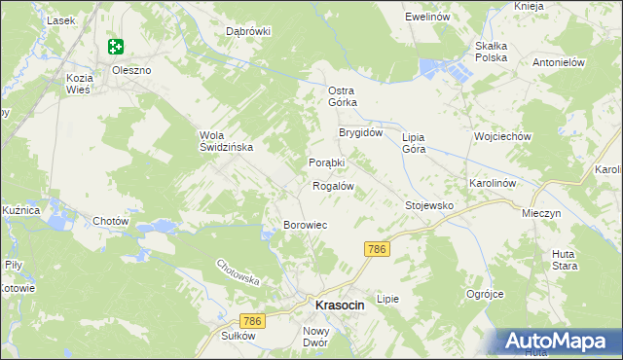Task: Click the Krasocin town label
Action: pos(339,306)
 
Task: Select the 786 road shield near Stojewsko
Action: pos(378,250)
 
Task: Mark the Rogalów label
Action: pos(331,185)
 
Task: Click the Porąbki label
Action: pos(327,162)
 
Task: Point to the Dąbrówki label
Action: pos(248,31)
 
